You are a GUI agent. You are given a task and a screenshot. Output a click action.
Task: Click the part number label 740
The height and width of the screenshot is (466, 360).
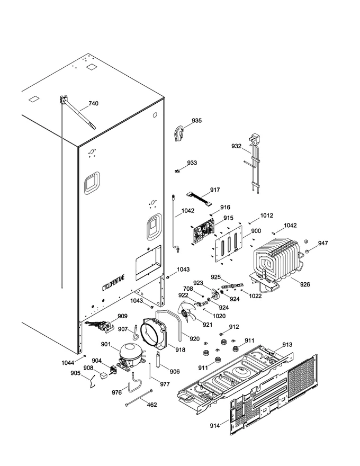(93, 103)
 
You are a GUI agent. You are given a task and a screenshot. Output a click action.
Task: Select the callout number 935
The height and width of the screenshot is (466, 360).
(196, 121)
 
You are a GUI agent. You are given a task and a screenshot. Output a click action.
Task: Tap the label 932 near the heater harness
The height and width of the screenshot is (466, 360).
(237, 146)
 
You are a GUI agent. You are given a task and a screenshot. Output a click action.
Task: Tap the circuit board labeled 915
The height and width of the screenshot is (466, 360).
(204, 232)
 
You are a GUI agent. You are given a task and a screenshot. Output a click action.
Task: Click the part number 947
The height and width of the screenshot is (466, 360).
(322, 243)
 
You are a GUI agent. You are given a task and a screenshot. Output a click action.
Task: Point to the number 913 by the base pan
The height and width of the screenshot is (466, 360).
(287, 344)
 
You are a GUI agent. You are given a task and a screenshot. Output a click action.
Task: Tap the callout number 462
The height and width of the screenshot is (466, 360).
(152, 405)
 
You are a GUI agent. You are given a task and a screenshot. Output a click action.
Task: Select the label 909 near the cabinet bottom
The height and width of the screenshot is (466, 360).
(122, 316)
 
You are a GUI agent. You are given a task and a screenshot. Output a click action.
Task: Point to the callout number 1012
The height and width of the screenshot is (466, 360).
(266, 216)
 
